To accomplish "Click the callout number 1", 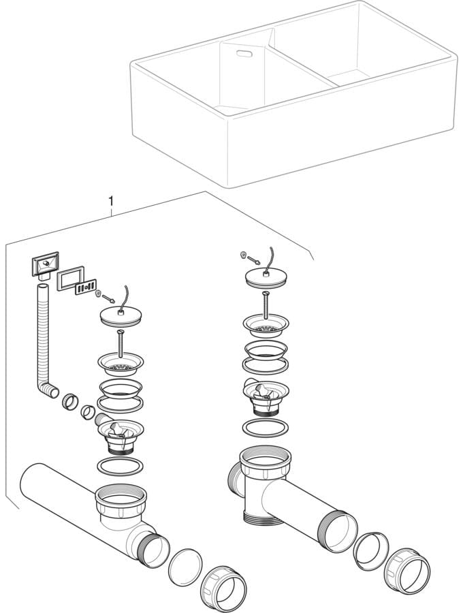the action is pos(111,202).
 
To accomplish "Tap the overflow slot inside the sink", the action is pos(244,54).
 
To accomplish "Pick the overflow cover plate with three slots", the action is pos(86,287).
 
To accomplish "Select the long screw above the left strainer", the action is pos(121,343).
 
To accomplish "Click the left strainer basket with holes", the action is pos(121,364).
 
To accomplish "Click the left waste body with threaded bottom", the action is pos(120,437).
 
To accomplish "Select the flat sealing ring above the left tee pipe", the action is pos(120,466).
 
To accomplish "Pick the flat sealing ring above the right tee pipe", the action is pos(266,428).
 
